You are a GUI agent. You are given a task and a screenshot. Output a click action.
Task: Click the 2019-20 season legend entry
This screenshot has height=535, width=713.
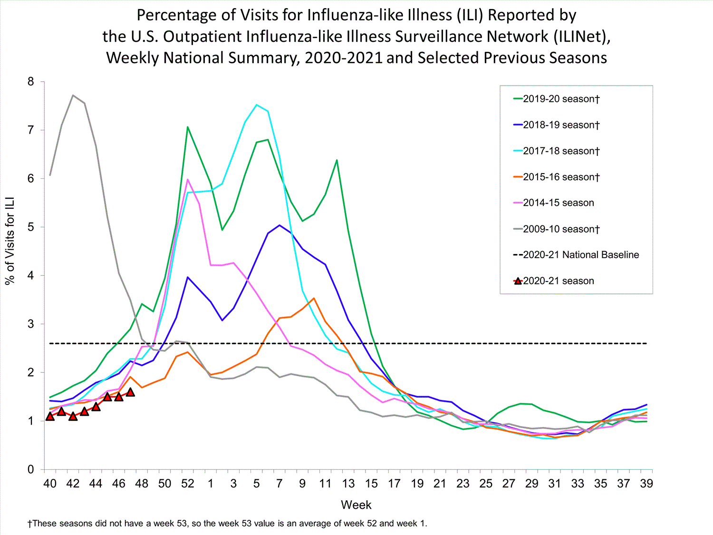pyautogui.click(x=561, y=99)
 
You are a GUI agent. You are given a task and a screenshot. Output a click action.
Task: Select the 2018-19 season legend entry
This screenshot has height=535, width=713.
pyautogui.click(x=561, y=125)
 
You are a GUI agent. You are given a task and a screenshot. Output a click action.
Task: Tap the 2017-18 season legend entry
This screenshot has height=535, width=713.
pyautogui.click(x=561, y=151)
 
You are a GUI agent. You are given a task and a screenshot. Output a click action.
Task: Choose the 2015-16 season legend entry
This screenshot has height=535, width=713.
pyautogui.click(x=561, y=177)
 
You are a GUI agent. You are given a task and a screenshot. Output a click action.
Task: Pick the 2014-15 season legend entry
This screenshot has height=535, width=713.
pyautogui.click(x=558, y=203)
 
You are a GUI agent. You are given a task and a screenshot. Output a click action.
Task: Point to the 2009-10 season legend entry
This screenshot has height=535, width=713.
pyautogui.click(x=561, y=229)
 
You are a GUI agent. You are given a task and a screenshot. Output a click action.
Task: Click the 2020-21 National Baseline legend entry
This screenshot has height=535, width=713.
pyautogui.click(x=580, y=255)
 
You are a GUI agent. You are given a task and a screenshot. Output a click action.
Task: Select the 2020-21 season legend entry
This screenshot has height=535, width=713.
pyautogui.click(x=558, y=281)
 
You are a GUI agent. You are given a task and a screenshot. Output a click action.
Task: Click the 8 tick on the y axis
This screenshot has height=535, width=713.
pyautogui.click(x=31, y=82)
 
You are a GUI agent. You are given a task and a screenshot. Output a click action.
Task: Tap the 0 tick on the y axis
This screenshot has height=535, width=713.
pyautogui.click(x=31, y=469)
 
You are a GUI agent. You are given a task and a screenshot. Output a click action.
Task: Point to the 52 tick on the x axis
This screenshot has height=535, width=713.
pyautogui.click(x=188, y=484)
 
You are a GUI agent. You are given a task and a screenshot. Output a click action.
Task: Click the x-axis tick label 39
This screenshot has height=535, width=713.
pyautogui.click(x=646, y=484)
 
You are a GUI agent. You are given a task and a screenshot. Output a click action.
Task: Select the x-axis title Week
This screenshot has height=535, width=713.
pyautogui.click(x=356, y=505)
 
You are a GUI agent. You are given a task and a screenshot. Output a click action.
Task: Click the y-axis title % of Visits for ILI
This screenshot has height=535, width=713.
pyautogui.click(x=10, y=241)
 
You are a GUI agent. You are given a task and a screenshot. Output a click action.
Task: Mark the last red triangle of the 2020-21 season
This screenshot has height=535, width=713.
pyautogui.click(x=130, y=392)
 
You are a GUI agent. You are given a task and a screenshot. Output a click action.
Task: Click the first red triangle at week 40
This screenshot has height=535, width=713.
pyautogui.click(x=50, y=416)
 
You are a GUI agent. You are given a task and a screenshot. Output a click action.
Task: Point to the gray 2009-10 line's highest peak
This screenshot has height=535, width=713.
pyautogui.click(x=73, y=95)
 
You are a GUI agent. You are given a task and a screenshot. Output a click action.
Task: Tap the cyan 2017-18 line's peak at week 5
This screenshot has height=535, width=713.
pyautogui.click(x=257, y=105)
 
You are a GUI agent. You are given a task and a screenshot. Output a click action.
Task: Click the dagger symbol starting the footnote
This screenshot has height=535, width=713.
pyautogui.click(x=30, y=524)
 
